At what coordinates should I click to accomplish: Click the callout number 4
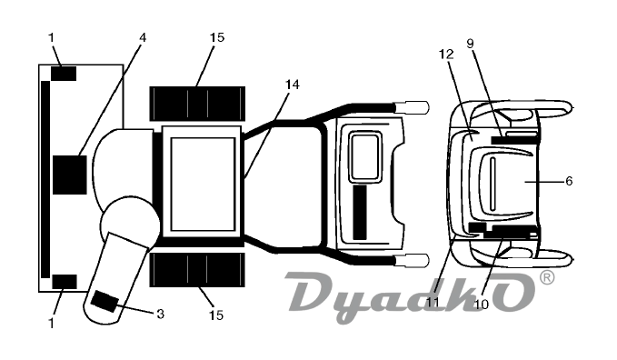click(x=143, y=37)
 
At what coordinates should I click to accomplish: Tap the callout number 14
click(x=293, y=85)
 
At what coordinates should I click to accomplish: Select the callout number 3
click(x=160, y=314)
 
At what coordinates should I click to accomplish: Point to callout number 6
click(x=569, y=181)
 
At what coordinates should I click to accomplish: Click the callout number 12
click(x=446, y=54)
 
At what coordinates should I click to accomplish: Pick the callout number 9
click(x=470, y=44)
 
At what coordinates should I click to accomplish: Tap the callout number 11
click(x=433, y=302)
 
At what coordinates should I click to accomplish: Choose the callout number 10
click(x=482, y=304)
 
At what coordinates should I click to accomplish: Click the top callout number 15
click(x=217, y=37)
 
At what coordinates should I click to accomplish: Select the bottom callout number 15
click(x=216, y=315)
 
